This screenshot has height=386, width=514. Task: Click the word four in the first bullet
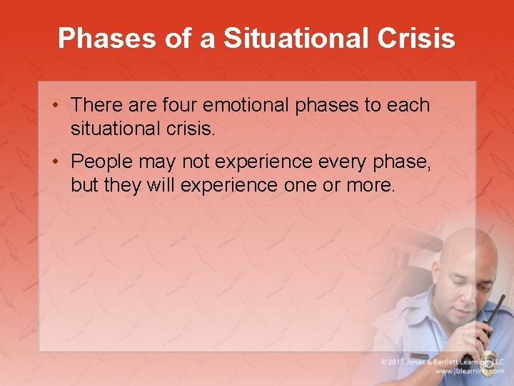coord(180,105)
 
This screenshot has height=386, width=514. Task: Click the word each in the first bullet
coord(408,105)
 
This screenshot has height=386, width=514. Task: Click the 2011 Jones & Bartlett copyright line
coord(442,361)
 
